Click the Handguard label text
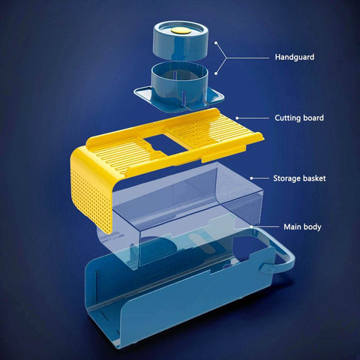[295, 57]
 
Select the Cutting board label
[299, 118]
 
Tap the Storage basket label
[299, 178]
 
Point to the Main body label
[302, 227]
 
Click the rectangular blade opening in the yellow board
[165, 144]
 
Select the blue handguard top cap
[180, 40]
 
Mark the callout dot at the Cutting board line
[237, 118]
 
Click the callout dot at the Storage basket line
[251, 178]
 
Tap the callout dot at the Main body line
[251, 226]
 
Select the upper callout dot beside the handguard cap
[216, 43]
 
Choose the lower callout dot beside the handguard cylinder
[216, 73]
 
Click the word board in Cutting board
[313, 118]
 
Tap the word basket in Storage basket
[314, 178]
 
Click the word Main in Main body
[292, 226]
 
